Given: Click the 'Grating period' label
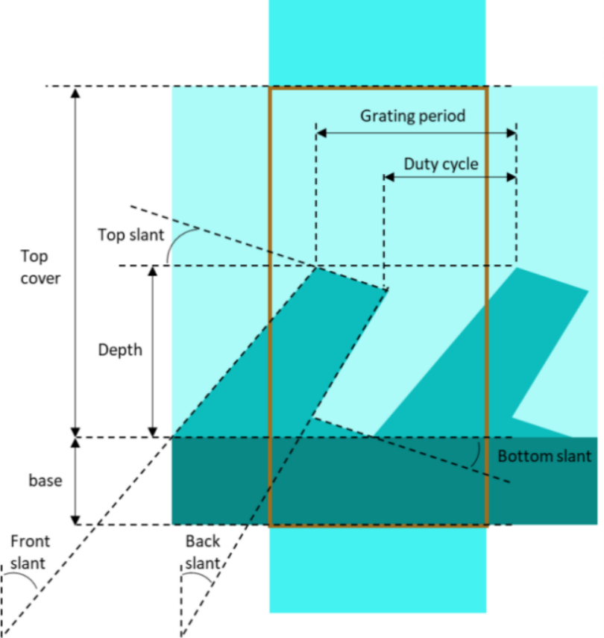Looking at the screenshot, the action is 413,116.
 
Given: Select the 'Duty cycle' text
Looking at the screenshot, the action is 441,164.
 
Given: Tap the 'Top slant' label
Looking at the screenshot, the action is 131,235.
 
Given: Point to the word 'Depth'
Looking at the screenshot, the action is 120,350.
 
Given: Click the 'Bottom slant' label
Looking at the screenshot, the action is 544,456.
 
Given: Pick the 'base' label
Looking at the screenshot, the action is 45,481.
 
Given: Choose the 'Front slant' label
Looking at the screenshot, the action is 29,552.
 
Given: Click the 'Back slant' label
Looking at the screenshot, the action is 203,552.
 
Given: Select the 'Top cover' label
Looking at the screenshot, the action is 40,267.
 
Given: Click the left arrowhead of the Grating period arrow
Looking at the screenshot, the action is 321,133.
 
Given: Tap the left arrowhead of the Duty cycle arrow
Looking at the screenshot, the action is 388,177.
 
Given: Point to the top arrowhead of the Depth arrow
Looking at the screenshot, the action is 153,271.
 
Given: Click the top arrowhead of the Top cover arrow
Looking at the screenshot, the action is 75,92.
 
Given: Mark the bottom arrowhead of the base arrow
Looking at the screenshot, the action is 75,520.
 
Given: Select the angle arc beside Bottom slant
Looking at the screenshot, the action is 477,454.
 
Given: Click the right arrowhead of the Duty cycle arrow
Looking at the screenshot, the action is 512,177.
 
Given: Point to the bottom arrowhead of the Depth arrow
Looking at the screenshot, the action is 153,433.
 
